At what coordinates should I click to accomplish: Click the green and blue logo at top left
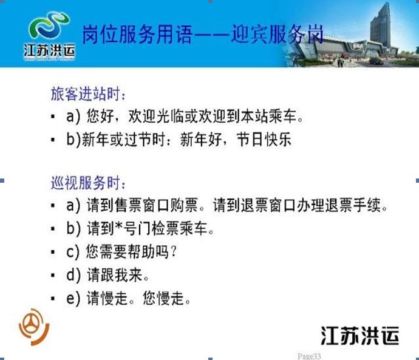49,25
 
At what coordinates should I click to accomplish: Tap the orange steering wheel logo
34,327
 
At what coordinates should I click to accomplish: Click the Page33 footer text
309,356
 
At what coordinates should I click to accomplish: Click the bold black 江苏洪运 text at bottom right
360,335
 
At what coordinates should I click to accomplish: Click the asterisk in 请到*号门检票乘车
118,226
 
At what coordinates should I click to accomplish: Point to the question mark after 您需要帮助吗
174,251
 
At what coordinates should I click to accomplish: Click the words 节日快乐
264,139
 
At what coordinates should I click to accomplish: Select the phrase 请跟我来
114,275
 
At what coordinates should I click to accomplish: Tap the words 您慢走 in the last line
163,298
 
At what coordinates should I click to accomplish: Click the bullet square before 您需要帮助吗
53,252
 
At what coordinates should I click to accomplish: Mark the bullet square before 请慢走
53,298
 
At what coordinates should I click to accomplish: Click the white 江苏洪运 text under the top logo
49,50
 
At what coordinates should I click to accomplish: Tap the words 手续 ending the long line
367,205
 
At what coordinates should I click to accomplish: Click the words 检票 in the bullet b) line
165,228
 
